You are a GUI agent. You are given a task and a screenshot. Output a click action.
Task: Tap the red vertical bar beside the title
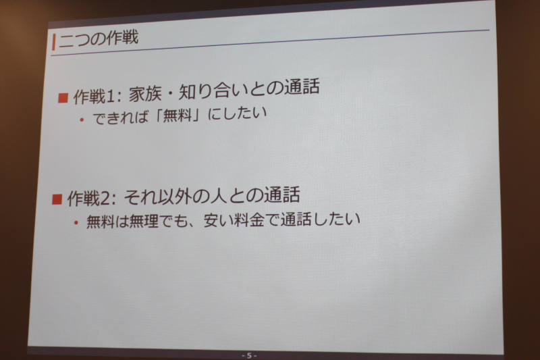54,42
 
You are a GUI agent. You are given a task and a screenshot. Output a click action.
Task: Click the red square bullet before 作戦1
63,98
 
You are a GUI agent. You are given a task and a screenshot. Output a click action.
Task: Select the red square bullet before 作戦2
57,199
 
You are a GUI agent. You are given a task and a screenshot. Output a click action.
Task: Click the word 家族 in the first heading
145,94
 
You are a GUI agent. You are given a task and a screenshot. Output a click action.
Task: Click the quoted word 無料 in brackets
177,115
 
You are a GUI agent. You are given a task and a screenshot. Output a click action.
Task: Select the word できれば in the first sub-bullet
121,118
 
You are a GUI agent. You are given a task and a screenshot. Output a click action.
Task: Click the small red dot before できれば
82,120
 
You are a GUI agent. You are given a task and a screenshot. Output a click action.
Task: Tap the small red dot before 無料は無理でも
76,223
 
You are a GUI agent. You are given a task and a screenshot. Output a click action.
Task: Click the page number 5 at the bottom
249,355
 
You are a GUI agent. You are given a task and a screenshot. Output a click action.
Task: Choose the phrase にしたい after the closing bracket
238,113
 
